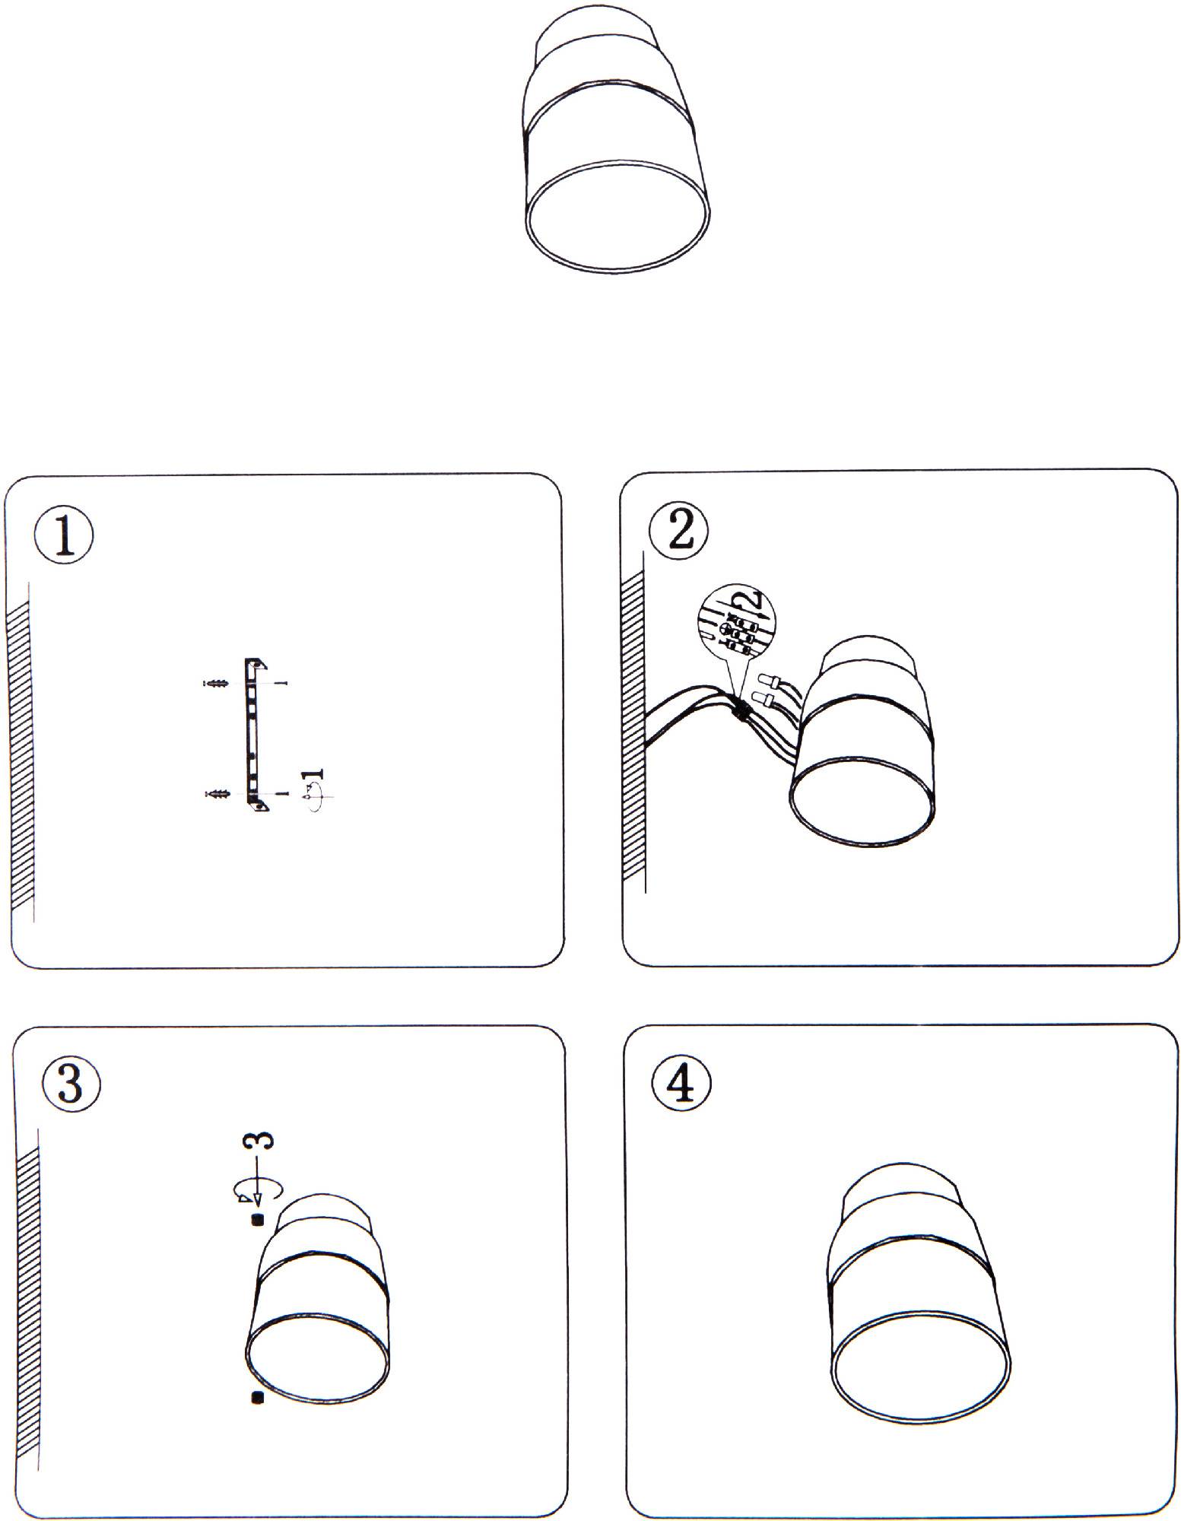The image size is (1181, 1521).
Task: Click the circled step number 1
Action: [x=64, y=537]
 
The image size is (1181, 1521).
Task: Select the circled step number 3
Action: [x=69, y=1084]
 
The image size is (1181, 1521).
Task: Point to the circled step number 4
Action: [x=681, y=1084]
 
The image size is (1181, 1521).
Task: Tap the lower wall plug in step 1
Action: [x=217, y=794]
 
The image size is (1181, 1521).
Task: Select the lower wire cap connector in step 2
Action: [x=764, y=699]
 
